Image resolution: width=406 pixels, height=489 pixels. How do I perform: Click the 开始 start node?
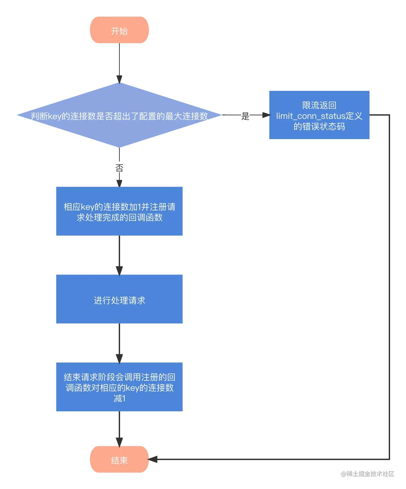click(x=119, y=31)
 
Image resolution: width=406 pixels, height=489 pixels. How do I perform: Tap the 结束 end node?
click(x=119, y=460)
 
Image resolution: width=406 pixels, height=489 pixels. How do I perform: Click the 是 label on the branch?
click(x=245, y=116)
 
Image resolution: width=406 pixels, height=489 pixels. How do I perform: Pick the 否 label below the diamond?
click(x=119, y=167)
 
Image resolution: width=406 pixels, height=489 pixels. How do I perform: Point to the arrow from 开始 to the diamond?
click(x=119, y=63)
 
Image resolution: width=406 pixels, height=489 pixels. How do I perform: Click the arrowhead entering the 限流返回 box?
click(x=264, y=116)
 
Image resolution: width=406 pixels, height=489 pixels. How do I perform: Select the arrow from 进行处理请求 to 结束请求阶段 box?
click(x=119, y=342)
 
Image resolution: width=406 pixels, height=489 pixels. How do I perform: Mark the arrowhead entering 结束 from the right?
click(x=154, y=459)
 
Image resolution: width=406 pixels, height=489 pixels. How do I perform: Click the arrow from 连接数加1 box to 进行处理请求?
click(x=119, y=254)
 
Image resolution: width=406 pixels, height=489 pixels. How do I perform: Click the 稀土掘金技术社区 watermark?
click(x=367, y=473)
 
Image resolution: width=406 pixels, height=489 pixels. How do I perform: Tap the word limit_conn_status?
click(x=310, y=116)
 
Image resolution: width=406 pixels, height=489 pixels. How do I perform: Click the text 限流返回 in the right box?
click(x=319, y=105)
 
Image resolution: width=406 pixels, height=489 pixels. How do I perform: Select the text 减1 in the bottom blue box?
click(x=119, y=398)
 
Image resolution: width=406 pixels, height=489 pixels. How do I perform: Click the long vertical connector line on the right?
click(x=388, y=285)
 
